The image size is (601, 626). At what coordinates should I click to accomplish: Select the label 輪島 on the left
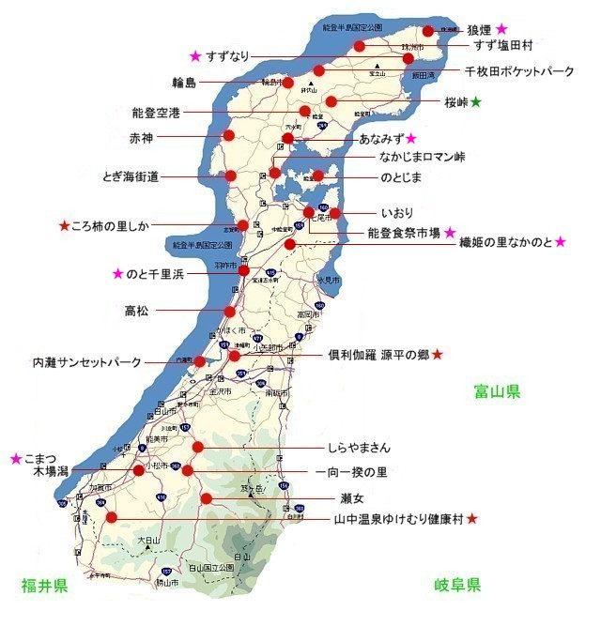tap(184, 84)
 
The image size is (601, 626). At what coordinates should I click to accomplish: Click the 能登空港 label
tap(157, 113)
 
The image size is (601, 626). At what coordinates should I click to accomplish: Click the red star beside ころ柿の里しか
tap(64, 226)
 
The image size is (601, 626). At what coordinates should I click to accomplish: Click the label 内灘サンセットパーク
tap(86, 362)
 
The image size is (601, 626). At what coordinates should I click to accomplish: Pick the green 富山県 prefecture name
tap(497, 391)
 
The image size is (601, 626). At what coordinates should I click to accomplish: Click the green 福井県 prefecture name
tap(44, 587)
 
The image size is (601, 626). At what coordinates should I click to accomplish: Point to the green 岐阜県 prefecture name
tap(457, 586)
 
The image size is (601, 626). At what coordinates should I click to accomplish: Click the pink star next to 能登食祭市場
tap(450, 232)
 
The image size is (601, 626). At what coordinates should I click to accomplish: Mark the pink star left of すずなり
tap(195, 55)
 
